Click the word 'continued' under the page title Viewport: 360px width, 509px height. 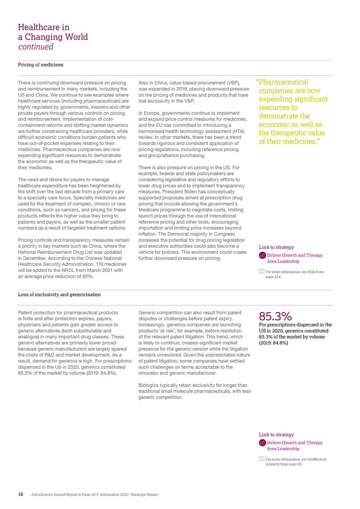click(x=36, y=47)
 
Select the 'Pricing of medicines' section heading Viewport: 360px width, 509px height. click(x=40, y=65)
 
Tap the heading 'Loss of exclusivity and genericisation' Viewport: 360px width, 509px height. click(x=59, y=295)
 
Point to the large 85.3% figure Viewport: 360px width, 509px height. click(x=275, y=316)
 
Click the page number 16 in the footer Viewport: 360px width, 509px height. click(x=21, y=494)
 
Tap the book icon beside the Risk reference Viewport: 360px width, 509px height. click(x=261, y=271)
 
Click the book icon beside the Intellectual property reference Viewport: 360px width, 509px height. click(x=261, y=459)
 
